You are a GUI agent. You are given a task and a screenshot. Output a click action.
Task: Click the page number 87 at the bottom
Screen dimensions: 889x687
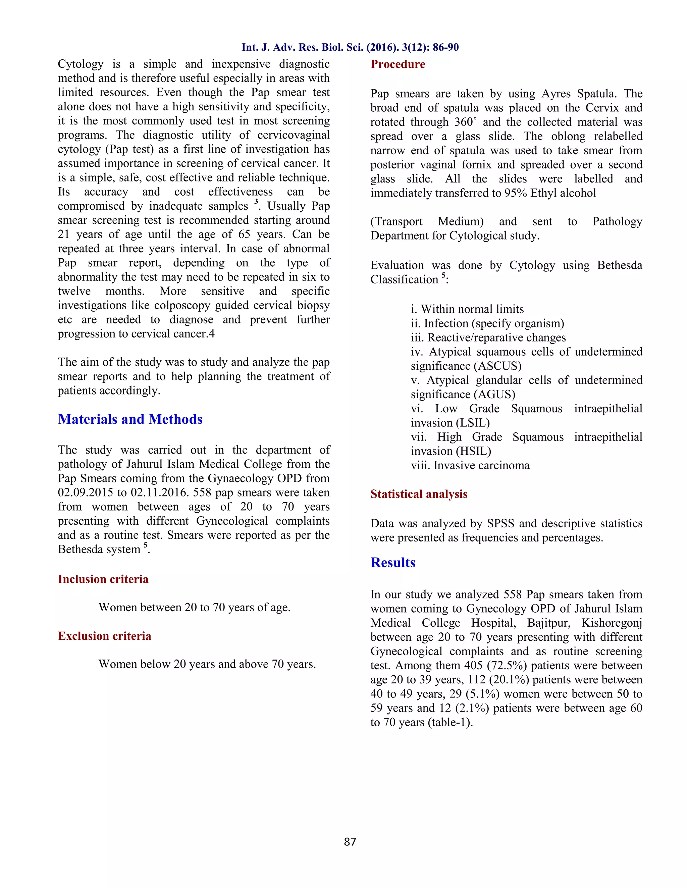[350, 841]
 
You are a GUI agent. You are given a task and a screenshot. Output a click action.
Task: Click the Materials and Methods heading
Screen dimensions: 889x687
[130, 419]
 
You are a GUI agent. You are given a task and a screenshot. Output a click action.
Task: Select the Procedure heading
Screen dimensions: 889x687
[397, 64]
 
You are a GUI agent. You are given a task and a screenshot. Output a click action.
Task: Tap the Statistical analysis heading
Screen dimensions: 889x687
[418, 494]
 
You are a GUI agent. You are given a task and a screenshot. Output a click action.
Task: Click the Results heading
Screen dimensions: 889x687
[392, 563]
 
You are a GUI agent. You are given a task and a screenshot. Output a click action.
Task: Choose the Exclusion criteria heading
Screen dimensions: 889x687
[104, 636]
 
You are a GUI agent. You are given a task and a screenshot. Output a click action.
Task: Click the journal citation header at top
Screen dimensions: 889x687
[350, 47]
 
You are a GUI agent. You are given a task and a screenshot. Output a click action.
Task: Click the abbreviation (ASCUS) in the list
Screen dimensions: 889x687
[497, 366]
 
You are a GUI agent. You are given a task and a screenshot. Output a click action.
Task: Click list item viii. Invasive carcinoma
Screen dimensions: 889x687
[470, 465]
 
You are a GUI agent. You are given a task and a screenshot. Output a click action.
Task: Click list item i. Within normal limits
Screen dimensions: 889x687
[467, 309]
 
